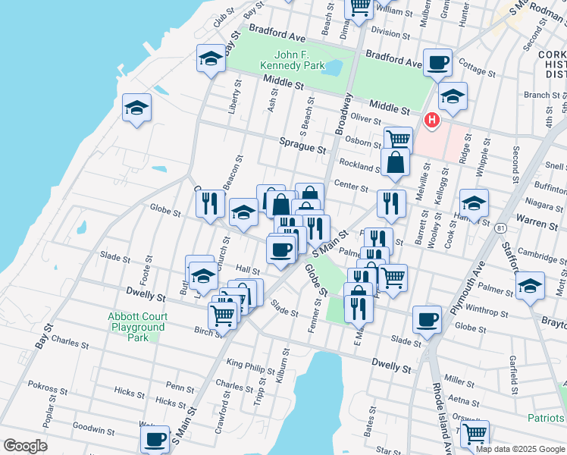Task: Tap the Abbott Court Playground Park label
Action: (136, 326)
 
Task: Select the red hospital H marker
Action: (432, 120)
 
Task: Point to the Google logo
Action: (24, 446)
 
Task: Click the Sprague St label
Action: (302, 146)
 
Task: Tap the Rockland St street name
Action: (359, 165)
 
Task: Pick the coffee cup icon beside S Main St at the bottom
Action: (155, 438)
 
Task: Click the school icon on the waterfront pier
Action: (137, 108)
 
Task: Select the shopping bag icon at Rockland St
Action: (395, 162)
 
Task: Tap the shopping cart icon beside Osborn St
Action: (398, 140)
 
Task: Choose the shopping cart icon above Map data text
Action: (475, 433)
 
